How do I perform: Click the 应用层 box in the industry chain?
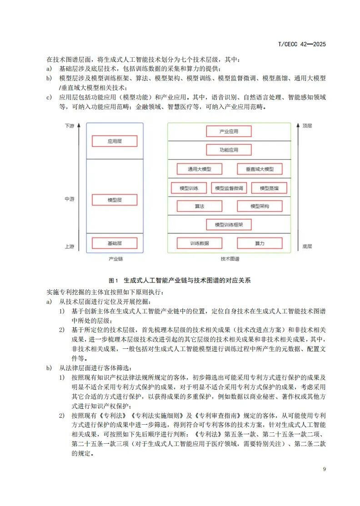(x=115, y=141)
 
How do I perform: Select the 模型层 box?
(x=115, y=199)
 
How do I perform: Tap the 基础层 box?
(x=115, y=243)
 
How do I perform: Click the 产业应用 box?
(x=229, y=132)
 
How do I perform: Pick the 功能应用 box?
(x=229, y=150)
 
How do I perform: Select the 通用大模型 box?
(x=200, y=169)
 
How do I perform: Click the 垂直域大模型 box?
(x=260, y=169)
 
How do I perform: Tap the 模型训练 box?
(x=189, y=188)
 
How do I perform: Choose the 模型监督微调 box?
(x=229, y=188)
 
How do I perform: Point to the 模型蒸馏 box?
(x=269, y=188)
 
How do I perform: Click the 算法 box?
(x=200, y=206)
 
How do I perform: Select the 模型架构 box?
(x=260, y=206)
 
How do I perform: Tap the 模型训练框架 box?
(x=229, y=224)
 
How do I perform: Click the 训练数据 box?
(x=200, y=243)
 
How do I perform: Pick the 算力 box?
(x=260, y=243)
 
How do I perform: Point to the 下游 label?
(x=69, y=125)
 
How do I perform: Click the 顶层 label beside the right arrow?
(x=307, y=125)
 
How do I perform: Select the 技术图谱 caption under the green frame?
(x=230, y=259)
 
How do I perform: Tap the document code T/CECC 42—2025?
(x=302, y=44)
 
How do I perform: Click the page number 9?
(x=324, y=469)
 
